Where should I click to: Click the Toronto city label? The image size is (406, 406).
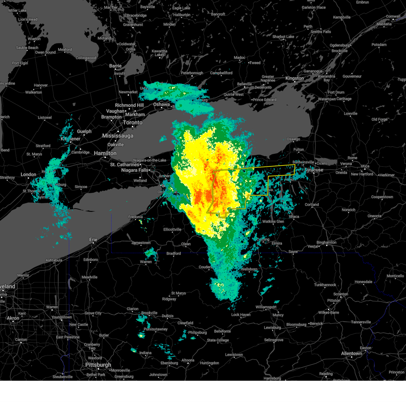(133, 122)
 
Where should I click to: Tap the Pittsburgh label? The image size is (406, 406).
(98, 365)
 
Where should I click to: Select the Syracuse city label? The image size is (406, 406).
(315, 170)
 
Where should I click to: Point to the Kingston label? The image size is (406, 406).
(295, 78)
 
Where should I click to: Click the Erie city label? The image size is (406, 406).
(93, 240)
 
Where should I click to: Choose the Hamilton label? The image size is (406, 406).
(105, 153)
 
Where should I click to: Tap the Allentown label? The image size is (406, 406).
(351, 354)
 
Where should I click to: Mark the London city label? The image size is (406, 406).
(28, 175)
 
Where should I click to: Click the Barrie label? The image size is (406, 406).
(115, 66)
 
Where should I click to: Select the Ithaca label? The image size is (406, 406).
(294, 217)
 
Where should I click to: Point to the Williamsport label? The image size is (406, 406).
(266, 307)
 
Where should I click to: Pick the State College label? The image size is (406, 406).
(218, 340)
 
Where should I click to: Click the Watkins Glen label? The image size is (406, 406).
(273, 222)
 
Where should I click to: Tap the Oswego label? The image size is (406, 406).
(293, 139)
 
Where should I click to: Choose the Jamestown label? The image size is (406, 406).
(141, 243)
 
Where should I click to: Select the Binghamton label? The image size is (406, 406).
(326, 242)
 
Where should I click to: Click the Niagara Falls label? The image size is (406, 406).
(135, 170)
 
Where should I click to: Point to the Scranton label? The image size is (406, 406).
(341, 294)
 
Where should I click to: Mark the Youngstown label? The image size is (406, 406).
(62, 317)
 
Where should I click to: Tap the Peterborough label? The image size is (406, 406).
(192, 73)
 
